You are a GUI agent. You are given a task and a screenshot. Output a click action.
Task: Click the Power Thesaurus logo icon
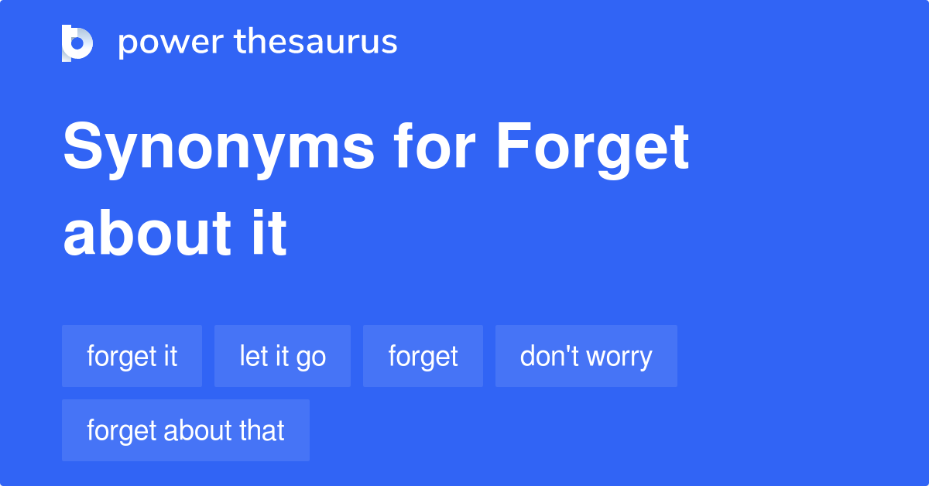[77, 43]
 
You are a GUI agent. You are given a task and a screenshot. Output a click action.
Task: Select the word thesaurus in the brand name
[316, 43]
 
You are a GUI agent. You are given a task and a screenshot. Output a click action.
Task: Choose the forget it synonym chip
[132, 356]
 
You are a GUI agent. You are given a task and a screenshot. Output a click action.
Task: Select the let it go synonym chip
[283, 356]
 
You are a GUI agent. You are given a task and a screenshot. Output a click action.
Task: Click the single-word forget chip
[423, 356]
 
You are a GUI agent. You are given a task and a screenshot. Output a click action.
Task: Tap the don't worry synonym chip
[586, 356]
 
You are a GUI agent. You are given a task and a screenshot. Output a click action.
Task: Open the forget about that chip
[186, 430]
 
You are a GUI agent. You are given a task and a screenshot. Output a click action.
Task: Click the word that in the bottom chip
[262, 430]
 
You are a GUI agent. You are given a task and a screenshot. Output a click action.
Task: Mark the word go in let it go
[311, 358]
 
